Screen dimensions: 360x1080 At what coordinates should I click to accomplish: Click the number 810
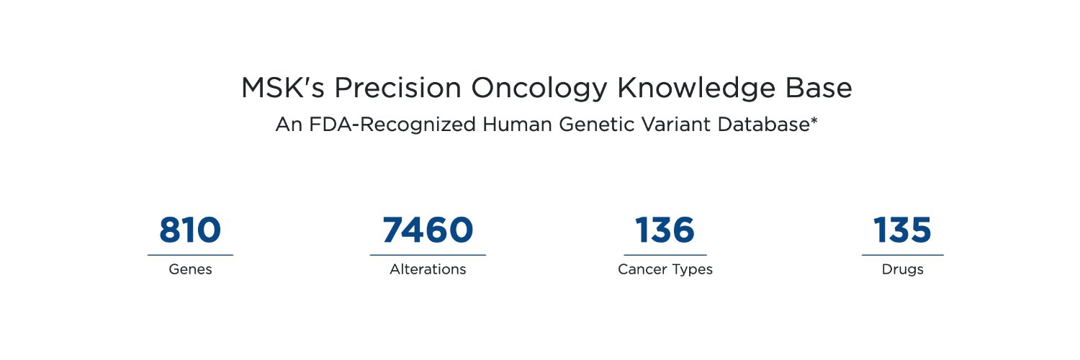point(190,230)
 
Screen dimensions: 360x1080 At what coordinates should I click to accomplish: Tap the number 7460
point(428,230)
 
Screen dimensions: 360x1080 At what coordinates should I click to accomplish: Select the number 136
point(665,230)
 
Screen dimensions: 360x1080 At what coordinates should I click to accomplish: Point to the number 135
point(902,230)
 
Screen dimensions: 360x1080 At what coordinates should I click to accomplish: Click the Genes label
point(190,270)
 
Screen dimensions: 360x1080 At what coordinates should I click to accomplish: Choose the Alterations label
point(428,270)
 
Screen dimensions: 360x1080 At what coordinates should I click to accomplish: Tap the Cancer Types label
point(665,270)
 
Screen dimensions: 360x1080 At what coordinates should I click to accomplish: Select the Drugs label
point(902,270)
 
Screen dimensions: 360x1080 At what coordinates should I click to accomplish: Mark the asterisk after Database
point(814,121)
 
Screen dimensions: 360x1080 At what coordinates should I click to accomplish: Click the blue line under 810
point(190,255)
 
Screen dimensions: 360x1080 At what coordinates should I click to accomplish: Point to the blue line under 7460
point(428,255)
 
